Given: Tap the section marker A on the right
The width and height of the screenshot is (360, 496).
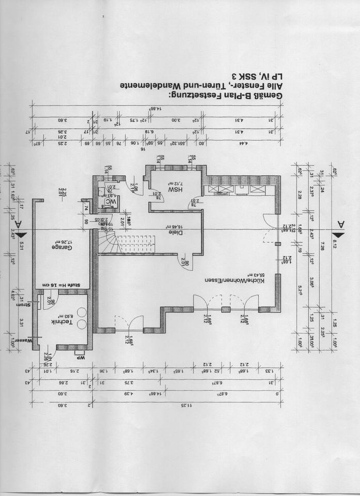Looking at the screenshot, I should [x=340, y=224].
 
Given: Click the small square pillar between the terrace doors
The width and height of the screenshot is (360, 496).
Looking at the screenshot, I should [x=226, y=309].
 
